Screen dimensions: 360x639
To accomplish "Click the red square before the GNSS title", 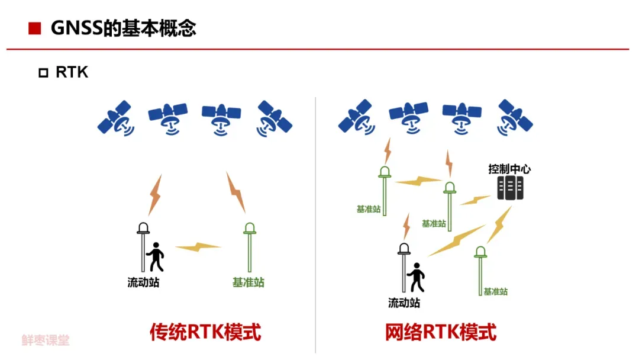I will click(35, 28).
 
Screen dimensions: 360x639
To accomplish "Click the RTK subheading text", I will click(72, 72).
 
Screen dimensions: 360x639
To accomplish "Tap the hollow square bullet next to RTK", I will click(43, 73).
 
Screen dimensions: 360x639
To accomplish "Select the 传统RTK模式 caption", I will click(205, 332).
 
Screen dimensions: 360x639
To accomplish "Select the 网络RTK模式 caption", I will click(440, 332).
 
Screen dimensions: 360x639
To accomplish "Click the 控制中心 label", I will click(509, 169).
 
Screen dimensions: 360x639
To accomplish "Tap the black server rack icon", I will click(510, 188).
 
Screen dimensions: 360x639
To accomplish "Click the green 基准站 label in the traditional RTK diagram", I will click(248, 282).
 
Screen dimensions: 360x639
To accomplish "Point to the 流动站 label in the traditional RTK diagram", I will click(143, 282).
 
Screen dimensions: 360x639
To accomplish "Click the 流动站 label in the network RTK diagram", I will click(404, 303).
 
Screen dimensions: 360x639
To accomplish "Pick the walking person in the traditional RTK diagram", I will click(156, 256).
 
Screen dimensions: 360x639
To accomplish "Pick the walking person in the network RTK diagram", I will click(416, 277).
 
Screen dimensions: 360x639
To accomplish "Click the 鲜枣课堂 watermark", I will click(46, 340).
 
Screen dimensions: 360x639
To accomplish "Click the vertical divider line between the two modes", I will click(315, 225).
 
